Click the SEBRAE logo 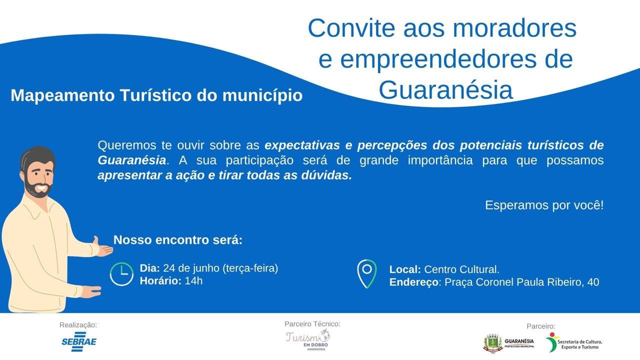(x=79, y=341)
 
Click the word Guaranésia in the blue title (x=445, y=89)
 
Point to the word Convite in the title (x=351, y=28)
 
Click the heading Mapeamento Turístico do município (x=156, y=95)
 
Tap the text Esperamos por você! (x=544, y=205)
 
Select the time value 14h (x=193, y=281)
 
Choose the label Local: (x=405, y=269)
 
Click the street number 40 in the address (x=593, y=282)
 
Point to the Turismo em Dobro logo (x=308, y=339)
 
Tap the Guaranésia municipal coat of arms (x=492, y=343)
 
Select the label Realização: (x=78, y=325)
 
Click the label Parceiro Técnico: (x=312, y=323)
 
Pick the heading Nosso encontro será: (x=177, y=239)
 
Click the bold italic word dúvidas (x=326, y=175)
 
